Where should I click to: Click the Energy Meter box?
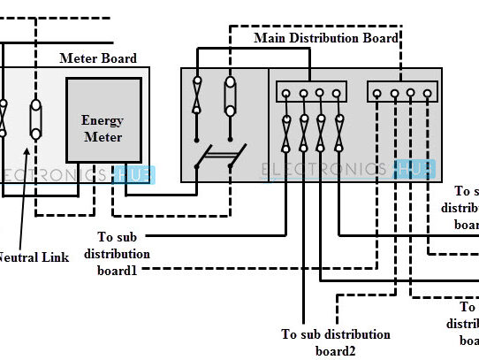pyautogui.click(x=103, y=119)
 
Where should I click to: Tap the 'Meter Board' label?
pyautogui.click(x=97, y=58)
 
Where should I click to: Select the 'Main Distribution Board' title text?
pyautogui.click(x=325, y=38)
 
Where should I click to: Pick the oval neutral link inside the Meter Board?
pyautogui.click(x=35, y=119)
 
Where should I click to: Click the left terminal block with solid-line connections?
pyautogui.click(x=310, y=92)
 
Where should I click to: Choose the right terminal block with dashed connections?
pyautogui.click(x=402, y=92)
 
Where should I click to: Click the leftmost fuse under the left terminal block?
pyautogui.click(x=286, y=134)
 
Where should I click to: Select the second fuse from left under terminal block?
pyautogui.click(x=303, y=134)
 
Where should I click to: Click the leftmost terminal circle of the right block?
pyautogui.click(x=378, y=92)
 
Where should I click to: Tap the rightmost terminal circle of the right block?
pyautogui.click(x=427, y=92)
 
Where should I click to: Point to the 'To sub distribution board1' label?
pyautogui.click(x=124, y=253)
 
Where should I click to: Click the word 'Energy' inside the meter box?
pyautogui.click(x=102, y=119)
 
